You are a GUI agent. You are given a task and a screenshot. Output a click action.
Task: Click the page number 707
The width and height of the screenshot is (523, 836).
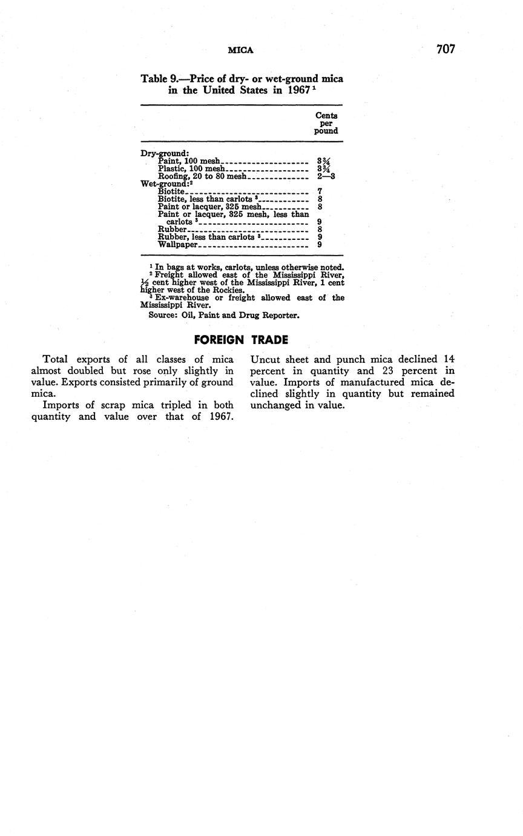445,49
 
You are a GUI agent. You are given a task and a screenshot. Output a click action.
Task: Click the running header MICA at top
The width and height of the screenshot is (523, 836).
240,50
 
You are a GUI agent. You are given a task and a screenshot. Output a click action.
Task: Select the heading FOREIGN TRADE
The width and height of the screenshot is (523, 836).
241,340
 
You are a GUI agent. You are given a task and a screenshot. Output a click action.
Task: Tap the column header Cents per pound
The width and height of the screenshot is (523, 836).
326,122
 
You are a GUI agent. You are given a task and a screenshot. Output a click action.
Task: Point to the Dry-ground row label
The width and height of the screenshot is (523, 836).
165,153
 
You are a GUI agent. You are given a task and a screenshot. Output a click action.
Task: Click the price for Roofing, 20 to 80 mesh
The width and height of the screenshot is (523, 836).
326,176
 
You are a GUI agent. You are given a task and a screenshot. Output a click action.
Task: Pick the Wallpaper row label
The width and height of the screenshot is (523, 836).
178,245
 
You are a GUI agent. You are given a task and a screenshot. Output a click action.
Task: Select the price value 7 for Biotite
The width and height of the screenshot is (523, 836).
320,191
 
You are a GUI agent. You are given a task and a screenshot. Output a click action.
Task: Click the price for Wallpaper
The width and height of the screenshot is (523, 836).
320,245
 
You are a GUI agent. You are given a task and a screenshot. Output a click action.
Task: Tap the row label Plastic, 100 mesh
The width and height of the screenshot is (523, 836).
191,168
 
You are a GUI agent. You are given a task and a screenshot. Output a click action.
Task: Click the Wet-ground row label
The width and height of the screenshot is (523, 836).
165,184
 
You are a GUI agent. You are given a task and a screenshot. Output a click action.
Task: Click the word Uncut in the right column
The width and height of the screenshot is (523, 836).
265,359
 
